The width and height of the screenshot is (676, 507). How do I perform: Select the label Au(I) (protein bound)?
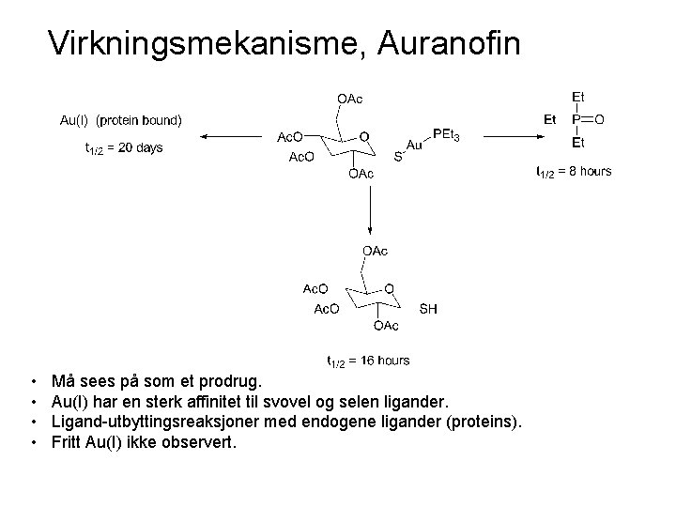121,119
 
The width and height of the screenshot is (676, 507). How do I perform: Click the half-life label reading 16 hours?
368,360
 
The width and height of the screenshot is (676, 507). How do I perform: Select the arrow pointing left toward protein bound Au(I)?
229,136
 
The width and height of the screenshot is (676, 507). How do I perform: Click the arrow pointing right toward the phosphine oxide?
508,136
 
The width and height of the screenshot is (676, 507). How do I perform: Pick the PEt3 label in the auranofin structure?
445,136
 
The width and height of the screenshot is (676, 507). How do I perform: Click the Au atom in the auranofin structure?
414,146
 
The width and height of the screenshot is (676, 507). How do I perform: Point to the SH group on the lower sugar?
427,308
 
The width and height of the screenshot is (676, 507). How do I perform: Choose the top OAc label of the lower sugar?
374,251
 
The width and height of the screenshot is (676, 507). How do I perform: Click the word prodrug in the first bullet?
234,383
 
